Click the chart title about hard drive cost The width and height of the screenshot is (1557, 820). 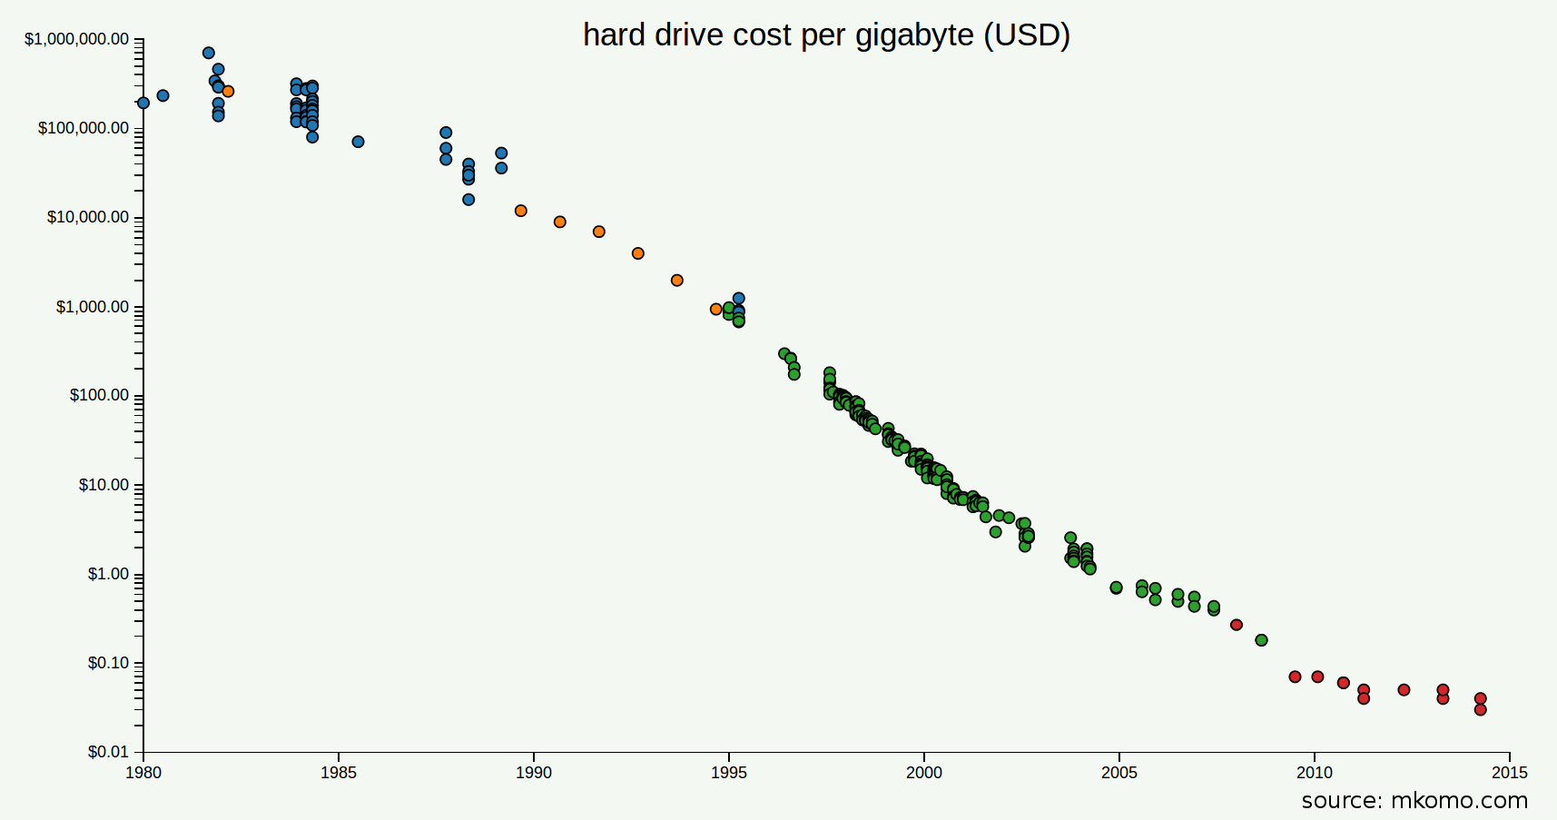point(826,35)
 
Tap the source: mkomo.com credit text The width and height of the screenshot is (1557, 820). point(1414,800)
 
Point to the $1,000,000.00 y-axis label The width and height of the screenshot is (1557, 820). point(76,39)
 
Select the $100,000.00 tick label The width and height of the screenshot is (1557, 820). point(83,128)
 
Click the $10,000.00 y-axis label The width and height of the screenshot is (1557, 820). point(87,217)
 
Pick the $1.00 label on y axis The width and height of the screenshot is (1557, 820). point(108,574)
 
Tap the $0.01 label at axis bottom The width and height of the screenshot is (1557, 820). point(108,752)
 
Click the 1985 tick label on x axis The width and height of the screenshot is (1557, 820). point(338,773)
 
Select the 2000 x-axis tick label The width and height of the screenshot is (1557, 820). point(923,773)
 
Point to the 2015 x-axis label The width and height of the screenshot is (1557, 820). point(1509,773)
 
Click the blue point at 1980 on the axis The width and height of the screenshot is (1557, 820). point(143,103)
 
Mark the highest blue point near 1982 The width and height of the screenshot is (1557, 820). point(209,53)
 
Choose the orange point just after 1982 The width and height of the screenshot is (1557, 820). point(228,92)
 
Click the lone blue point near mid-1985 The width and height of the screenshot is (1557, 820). point(358,142)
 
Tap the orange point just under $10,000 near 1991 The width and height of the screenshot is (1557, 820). point(560,222)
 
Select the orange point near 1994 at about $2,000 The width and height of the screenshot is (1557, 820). point(676,281)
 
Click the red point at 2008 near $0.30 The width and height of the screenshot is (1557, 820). point(1236,625)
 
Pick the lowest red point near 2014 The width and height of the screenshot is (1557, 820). point(1480,709)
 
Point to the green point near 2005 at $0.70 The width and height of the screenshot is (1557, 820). point(1116,588)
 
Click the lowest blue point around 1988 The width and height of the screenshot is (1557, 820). point(468,200)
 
